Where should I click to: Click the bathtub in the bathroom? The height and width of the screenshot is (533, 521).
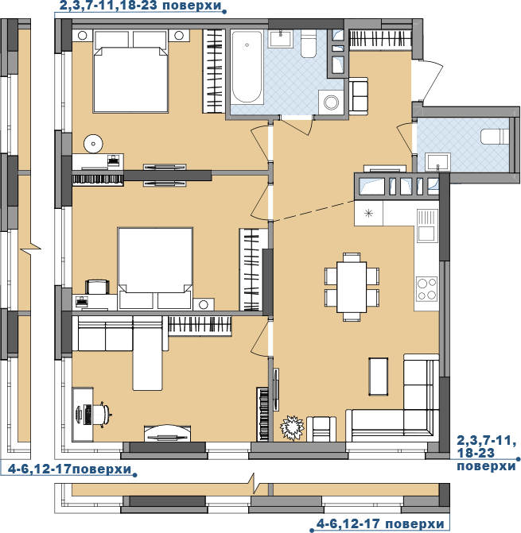click(247, 68)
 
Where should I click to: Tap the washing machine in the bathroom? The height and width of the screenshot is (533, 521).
click(331, 102)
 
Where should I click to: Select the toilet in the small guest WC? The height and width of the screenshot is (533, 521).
click(495, 137)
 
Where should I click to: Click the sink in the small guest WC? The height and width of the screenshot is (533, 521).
click(438, 163)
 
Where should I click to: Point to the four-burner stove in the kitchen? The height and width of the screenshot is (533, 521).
click(426, 288)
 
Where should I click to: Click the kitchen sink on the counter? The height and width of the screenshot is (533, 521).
click(426, 226)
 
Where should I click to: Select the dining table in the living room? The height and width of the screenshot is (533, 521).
click(352, 287)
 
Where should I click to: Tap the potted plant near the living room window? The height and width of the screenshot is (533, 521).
click(292, 427)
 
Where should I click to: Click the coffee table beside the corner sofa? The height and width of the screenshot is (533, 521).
click(379, 377)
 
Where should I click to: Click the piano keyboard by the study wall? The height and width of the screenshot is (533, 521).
click(263, 414)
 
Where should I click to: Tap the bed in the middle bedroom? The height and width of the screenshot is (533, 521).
click(155, 268)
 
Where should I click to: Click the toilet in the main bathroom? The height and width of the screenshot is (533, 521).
click(309, 44)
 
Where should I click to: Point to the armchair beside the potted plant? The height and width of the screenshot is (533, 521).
click(321, 429)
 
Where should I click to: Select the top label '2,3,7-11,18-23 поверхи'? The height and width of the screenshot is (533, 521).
click(141, 6)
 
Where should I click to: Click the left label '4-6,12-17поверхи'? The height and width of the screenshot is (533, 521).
click(69, 469)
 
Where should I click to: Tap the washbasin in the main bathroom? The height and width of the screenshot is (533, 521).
click(280, 38)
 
